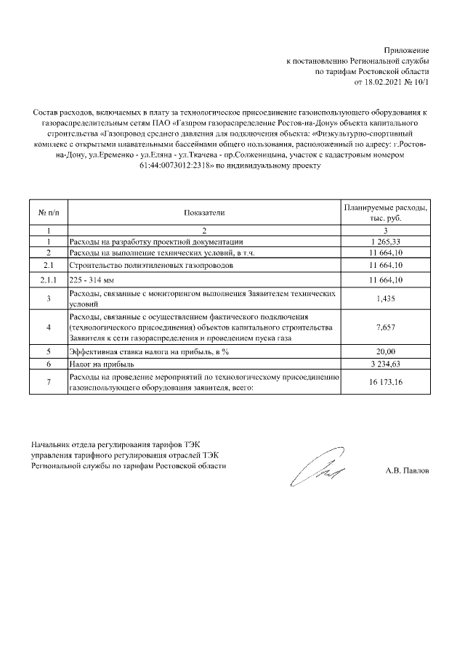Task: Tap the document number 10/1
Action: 421,83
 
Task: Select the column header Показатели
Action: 205,213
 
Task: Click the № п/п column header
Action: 48,213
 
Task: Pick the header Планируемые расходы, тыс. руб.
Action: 385,213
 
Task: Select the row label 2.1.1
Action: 48,279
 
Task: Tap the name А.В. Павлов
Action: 407,470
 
